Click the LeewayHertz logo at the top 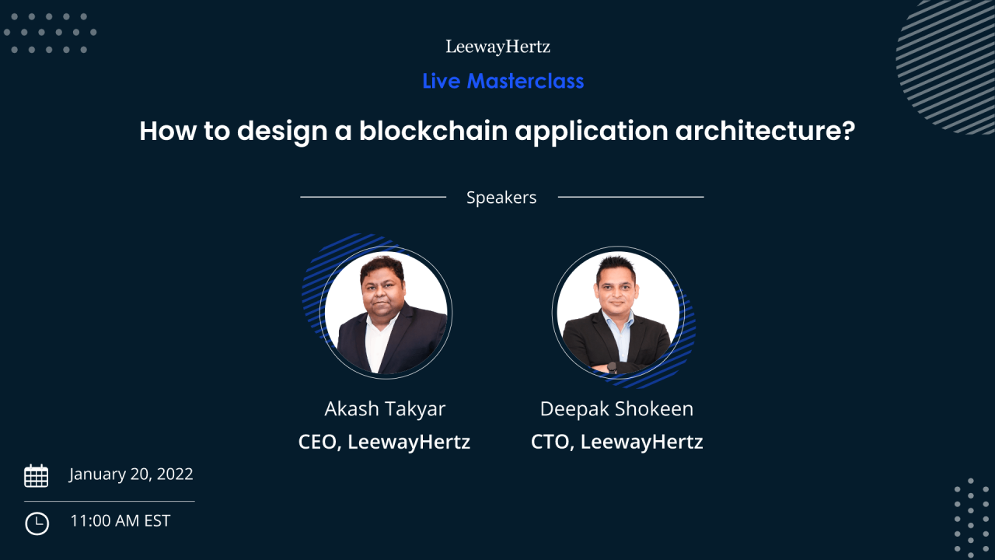[x=497, y=47]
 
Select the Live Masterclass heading [x=503, y=81]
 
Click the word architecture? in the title [x=765, y=131]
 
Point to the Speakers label [x=501, y=198]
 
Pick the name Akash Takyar [x=385, y=409]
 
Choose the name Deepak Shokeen [x=616, y=409]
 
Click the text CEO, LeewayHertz [x=384, y=443]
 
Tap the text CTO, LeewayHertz [x=616, y=443]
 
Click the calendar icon [x=37, y=475]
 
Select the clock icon [x=37, y=523]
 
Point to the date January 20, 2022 [x=131, y=474]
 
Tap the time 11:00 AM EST [x=120, y=521]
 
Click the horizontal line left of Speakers [x=373, y=197]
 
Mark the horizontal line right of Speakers [x=630, y=197]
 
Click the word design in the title [x=278, y=131]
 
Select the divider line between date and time [x=109, y=502]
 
